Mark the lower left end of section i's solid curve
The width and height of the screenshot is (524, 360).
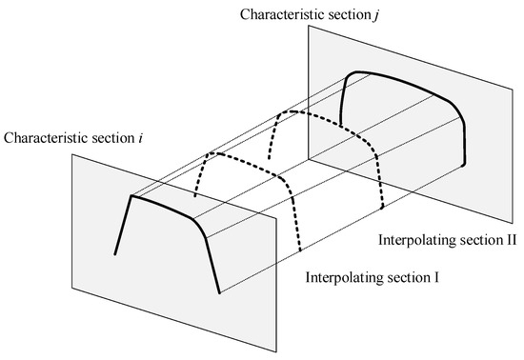(x=115, y=254)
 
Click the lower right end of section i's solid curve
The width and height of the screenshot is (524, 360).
(x=220, y=292)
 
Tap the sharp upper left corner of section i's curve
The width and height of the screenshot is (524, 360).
(x=131, y=195)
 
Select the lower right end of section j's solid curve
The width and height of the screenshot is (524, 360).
(x=464, y=165)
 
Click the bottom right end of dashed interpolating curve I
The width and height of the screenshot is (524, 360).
(x=300, y=253)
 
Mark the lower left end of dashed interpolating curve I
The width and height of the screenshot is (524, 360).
(x=195, y=198)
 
